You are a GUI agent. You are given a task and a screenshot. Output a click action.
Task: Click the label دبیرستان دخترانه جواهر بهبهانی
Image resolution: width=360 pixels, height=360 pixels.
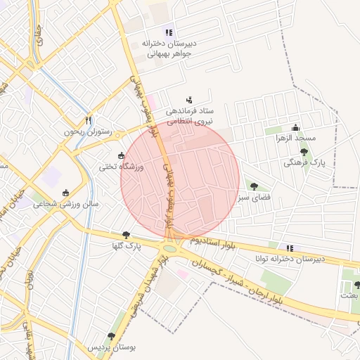(x=168, y=48)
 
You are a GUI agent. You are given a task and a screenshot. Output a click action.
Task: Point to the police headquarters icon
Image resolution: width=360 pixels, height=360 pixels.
(x=188, y=100)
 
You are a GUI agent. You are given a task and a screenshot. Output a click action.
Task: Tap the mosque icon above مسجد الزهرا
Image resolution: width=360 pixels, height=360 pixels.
(x=295, y=127)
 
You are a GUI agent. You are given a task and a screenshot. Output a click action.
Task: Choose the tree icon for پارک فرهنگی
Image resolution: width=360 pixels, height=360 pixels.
(x=304, y=151)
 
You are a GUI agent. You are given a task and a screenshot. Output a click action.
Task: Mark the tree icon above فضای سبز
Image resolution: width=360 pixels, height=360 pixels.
(x=254, y=186)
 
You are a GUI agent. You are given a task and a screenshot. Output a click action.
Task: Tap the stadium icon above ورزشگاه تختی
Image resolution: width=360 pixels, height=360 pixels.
(x=122, y=155)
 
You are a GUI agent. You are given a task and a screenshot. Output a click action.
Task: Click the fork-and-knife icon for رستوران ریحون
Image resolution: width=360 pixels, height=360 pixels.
(x=88, y=120)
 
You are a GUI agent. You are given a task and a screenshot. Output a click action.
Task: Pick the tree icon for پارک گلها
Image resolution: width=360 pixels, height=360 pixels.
(x=126, y=235)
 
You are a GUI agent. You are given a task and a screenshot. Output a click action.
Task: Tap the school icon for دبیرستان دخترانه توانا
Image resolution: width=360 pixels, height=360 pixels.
(x=289, y=247)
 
